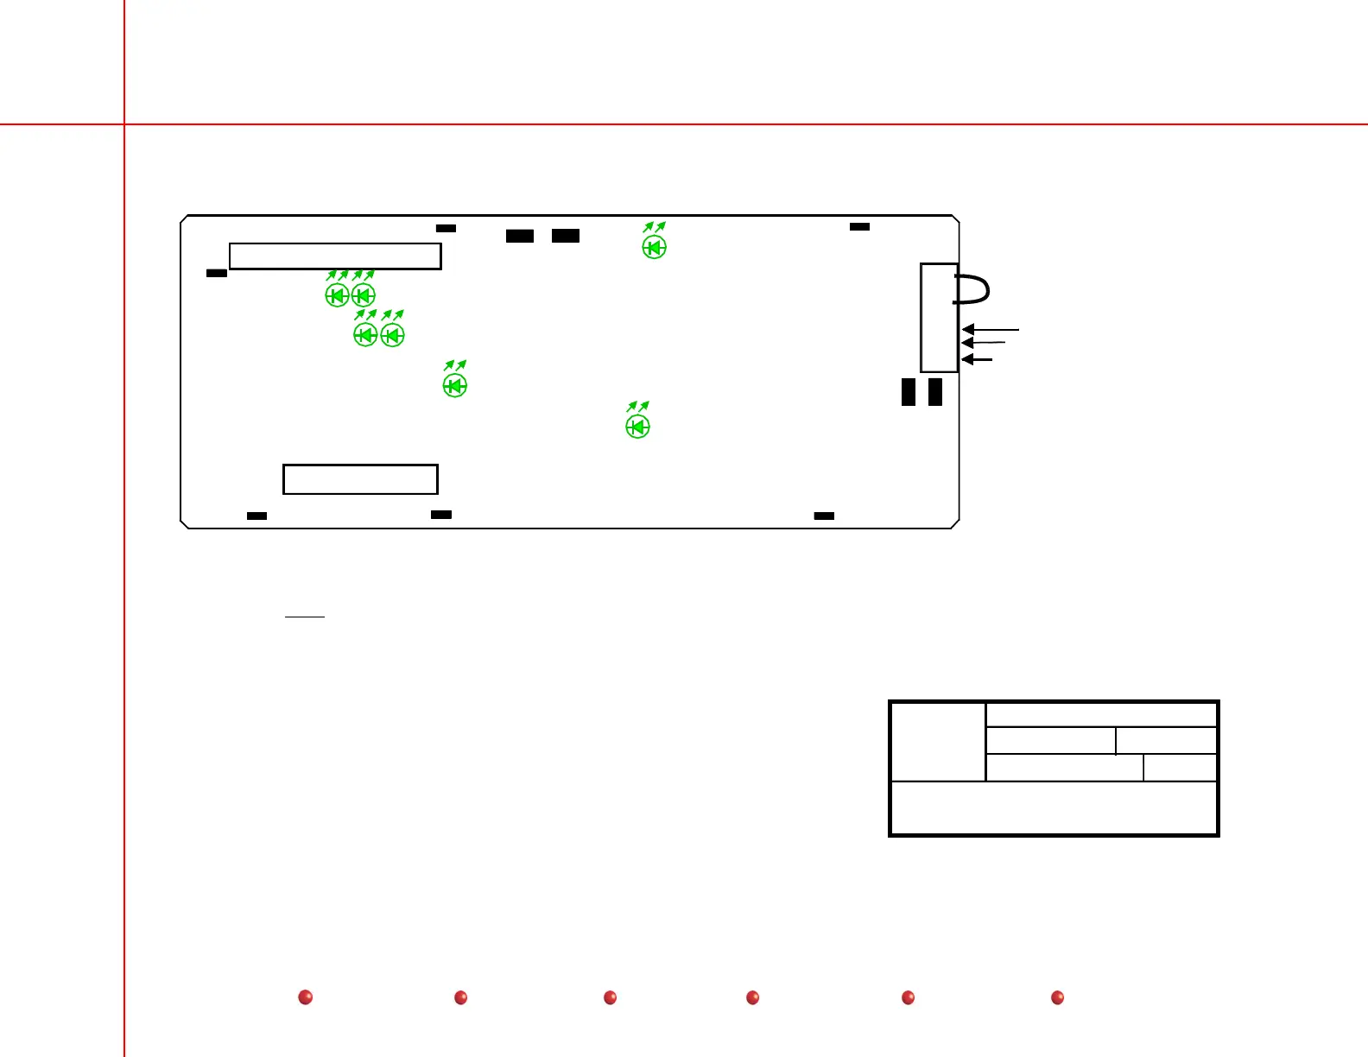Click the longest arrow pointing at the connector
[991, 329]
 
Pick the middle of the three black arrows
[983, 344]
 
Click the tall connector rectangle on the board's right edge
[939, 318]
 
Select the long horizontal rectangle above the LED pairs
[335, 256]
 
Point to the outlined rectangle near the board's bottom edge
[360, 479]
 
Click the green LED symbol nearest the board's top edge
[655, 248]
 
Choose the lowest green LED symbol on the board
[637, 427]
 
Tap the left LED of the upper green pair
[337, 295]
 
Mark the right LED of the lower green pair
[393, 335]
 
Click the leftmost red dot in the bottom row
[305, 997]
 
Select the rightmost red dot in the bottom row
[1057, 997]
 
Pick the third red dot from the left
[610, 997]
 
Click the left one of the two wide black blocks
[520, 236]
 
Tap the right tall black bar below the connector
[935, 392]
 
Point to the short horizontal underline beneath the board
[304, 617]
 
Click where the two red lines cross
[124, 124]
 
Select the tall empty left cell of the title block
[938, 742]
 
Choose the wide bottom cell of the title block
[1054, 808]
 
